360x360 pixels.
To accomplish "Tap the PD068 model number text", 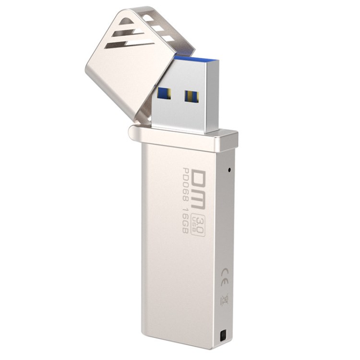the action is [185, 185].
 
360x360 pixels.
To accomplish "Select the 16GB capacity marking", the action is [185, 220].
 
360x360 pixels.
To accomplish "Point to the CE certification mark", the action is [225, 277].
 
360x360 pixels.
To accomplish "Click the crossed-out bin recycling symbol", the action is [224, 299].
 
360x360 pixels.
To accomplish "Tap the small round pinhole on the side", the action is [229, 170].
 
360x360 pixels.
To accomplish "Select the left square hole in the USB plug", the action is [164, 94].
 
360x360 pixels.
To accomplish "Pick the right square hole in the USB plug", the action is [192, 96].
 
